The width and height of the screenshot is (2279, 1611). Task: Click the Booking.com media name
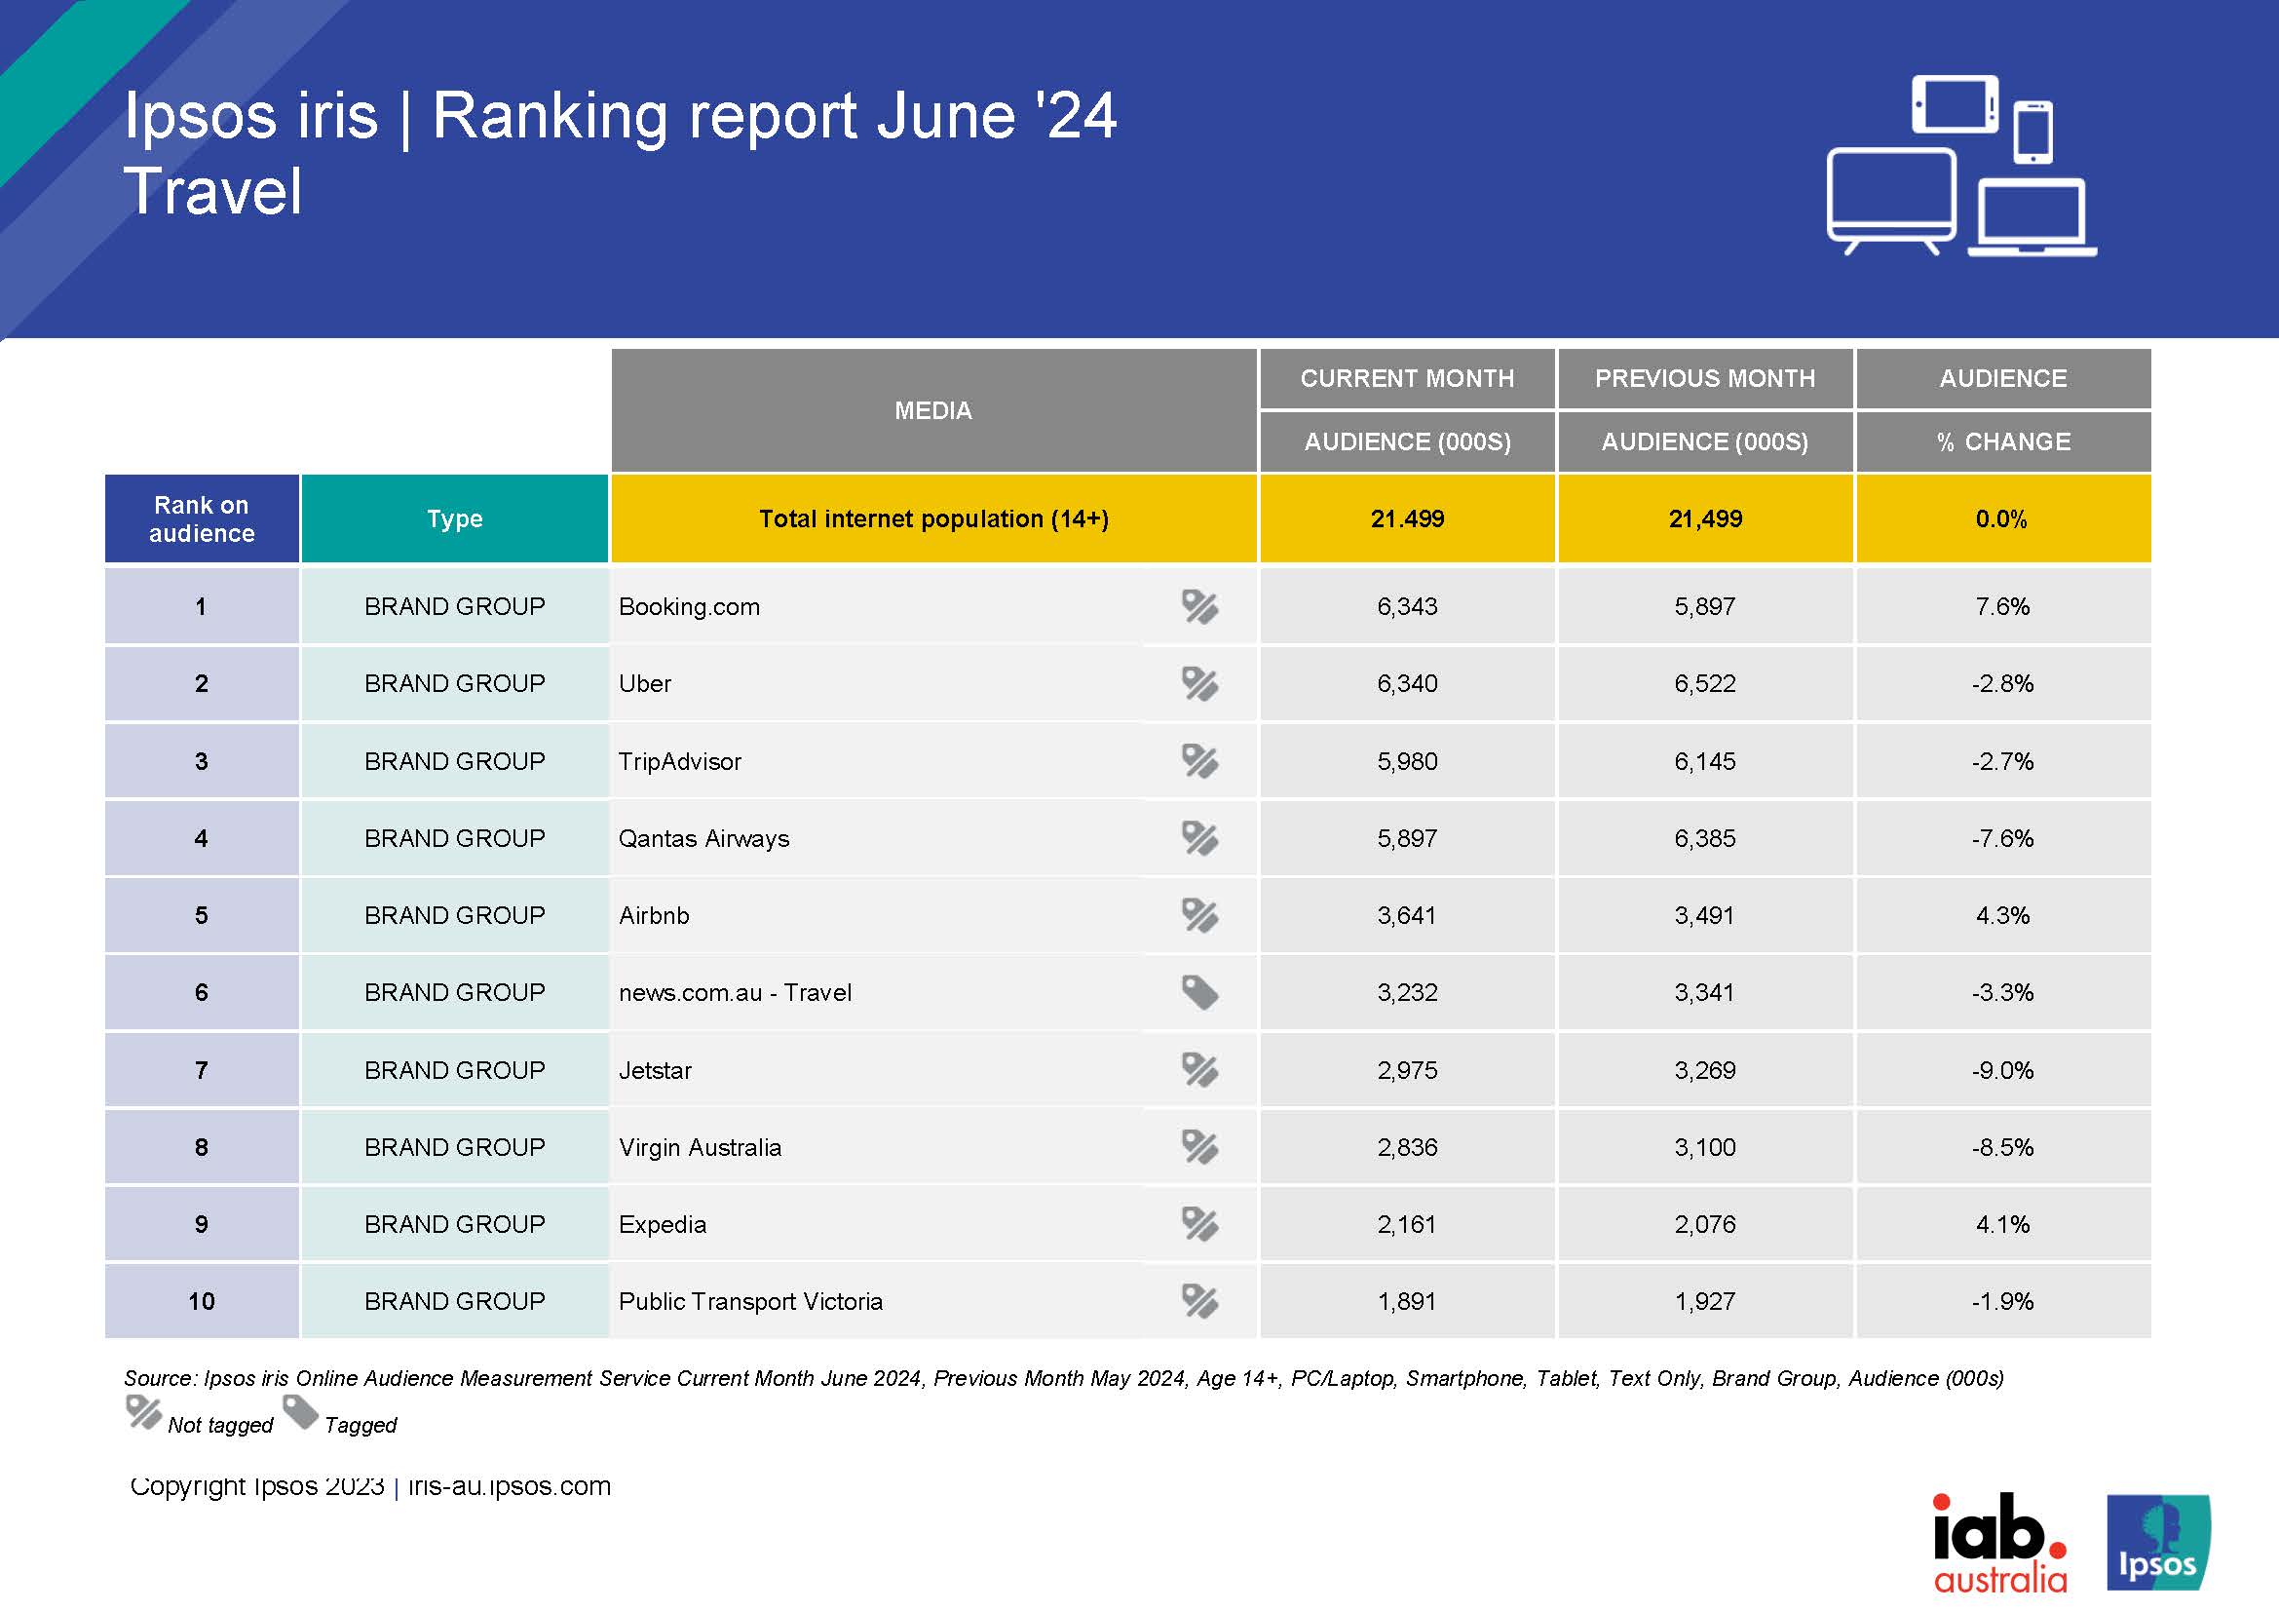coord(689,606)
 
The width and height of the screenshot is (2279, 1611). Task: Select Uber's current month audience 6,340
coord(1407,684)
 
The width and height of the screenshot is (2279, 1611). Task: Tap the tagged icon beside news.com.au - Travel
coord(1199,991)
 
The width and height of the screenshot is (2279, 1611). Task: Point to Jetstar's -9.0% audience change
coord(2002,1070)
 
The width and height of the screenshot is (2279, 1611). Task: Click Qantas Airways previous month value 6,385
coord(1704,839)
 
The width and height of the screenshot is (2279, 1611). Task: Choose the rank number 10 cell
coord(202,1301)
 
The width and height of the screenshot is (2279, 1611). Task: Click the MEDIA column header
coord(933,410)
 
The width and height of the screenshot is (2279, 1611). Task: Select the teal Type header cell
coord(455,519)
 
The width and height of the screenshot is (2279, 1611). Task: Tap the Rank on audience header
coord(202,519)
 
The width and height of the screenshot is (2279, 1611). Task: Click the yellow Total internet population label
coord(933,519)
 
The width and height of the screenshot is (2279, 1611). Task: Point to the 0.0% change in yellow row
coord(2001,519)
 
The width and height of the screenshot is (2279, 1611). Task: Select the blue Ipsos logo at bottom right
coord(2158,1544)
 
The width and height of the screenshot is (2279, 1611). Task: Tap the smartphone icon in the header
coord(2032,132)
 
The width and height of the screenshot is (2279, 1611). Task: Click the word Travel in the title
coord(212,191)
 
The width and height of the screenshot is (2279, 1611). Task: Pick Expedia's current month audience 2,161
coord(1407,1225)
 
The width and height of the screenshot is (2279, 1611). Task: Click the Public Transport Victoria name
coord(750,1301)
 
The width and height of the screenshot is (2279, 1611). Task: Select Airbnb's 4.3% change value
coord(2002,915)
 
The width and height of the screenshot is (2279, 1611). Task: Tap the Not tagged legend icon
coord(144,1412)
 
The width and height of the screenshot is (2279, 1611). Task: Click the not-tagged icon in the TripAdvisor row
coord(1199,761)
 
